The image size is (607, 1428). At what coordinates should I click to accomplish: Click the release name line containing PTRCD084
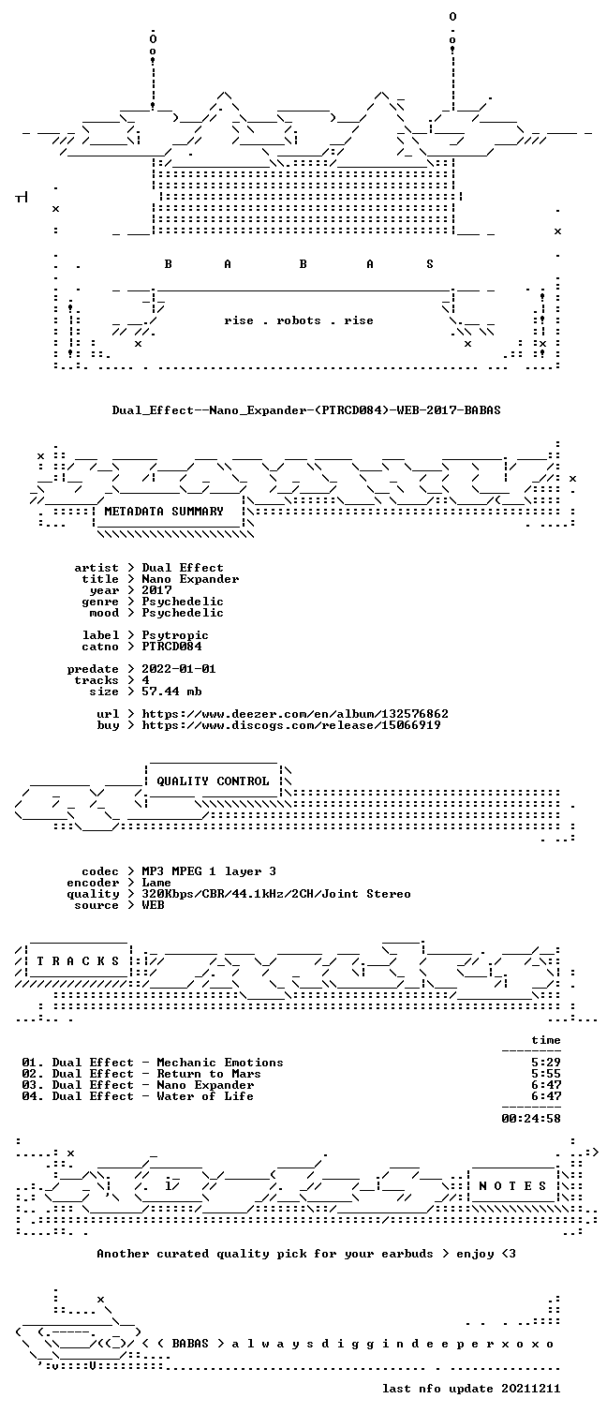(306, 410)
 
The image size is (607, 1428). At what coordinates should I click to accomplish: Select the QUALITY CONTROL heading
(213, 781)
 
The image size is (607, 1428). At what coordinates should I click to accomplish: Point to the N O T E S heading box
(513, 1186)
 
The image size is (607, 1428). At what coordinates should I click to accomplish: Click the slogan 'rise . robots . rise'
(299, 320)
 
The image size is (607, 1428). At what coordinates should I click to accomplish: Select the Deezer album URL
(295, 714)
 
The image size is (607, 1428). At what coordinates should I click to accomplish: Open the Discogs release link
(291, 725)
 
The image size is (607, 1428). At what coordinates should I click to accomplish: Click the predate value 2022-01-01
(179, 669)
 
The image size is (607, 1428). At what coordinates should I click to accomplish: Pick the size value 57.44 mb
(171, 692)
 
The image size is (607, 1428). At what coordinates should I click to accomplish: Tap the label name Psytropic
(175, 635)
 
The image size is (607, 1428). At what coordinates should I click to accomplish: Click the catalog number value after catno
(171, 647)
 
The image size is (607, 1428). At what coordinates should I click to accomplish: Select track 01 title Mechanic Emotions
(220, 1063)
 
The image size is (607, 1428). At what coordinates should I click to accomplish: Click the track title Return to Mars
(209, 1074)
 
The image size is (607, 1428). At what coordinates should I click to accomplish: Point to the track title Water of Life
(205, 1096)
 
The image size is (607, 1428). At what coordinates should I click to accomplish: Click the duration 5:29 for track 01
(546, 1063)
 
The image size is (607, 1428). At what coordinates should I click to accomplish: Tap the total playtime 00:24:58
(531, 1119)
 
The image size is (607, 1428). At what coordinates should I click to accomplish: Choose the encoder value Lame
(156, 883)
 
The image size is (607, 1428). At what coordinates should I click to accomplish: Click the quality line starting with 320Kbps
(276, 895)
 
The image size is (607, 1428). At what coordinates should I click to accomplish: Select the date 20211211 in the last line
(531, 1389)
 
